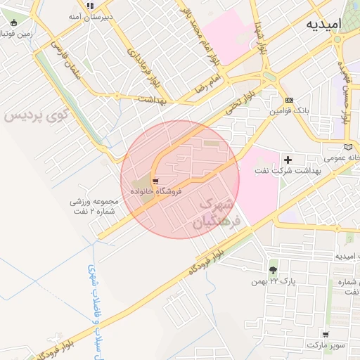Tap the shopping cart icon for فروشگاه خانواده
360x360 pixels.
click(155, 181)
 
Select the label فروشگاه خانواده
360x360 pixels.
click(155, 191)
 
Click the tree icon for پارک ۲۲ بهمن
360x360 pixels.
click(273, 269)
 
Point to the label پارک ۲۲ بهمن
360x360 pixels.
click(272, 281)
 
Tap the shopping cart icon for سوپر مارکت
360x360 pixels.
click(325, 334)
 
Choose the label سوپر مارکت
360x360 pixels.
click(326, 345)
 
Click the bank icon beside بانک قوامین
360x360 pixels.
click(289, 101)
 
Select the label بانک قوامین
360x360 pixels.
click(289, 111)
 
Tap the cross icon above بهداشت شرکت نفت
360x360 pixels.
click(287, 160)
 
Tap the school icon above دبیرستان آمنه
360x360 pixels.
click(90, 5)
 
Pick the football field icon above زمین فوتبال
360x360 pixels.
click(14, 22)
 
